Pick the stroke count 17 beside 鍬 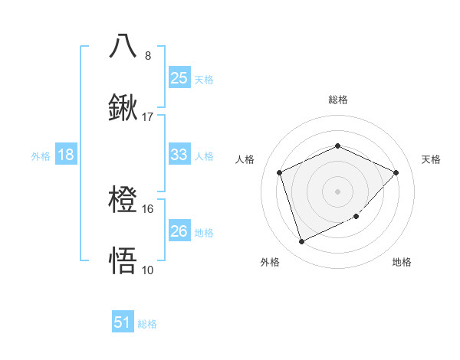pos(148,117)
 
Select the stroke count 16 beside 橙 pos(148,208)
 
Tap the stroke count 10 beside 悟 pos(148,270)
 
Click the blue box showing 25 pos(179,77)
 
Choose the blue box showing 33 pos(179,155)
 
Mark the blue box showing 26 pos(179,231)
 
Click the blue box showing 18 pos(66,155)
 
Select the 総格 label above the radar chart pos(337,100)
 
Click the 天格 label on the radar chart pos(431,159)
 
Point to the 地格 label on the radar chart pos(402,262)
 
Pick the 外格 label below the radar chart pos(270,262)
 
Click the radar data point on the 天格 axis pos(396,172)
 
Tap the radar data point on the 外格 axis pos(301,242)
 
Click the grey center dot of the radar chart pos(337,191)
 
